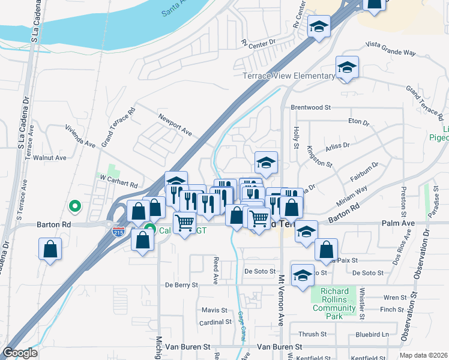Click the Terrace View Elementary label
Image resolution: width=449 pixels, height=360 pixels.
click(289, 76)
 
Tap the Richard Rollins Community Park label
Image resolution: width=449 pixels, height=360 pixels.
click(334, 304)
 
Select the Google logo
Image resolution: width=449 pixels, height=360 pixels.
click(19, 353)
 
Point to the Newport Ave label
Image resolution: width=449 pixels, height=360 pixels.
click(174, 123)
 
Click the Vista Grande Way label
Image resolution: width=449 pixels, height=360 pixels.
click(391, 49)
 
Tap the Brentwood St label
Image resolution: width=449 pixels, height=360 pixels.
click(311, 107)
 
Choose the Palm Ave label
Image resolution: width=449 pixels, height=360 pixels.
click(399, 224)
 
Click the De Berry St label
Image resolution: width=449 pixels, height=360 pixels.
click(181, 285)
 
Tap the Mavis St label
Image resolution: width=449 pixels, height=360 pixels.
click(214, 310)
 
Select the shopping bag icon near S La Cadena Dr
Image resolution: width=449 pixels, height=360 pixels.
click(50, 249)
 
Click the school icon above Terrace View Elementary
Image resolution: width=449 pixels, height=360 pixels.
click(347, 67)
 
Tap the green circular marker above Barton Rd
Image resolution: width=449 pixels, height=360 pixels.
click(75, 206)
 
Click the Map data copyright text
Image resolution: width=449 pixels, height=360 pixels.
click(424, 355)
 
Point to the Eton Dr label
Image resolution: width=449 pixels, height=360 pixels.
click(359, 122)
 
